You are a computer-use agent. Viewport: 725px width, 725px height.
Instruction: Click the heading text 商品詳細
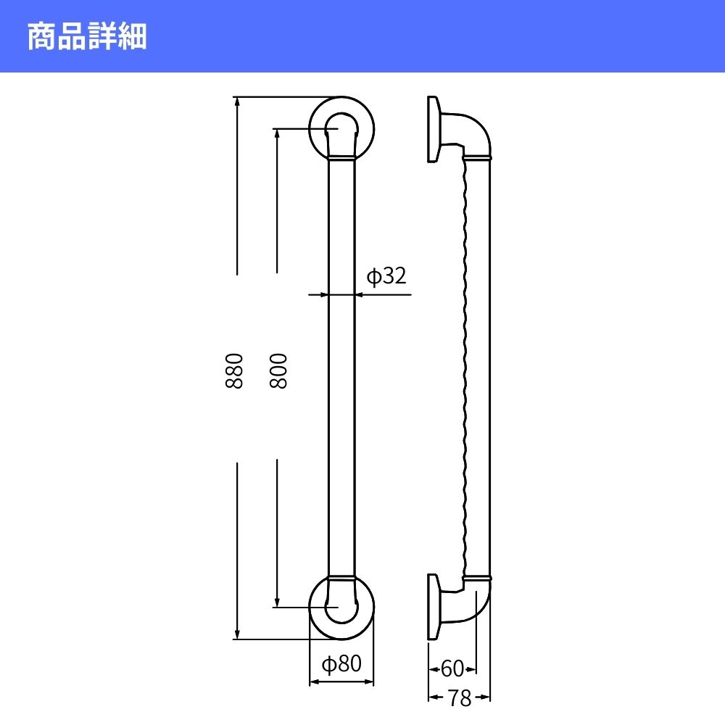tap(87, 36)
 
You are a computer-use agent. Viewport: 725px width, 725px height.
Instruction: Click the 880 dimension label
tap(234, 370)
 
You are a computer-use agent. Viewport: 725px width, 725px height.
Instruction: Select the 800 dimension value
tap(278, 370)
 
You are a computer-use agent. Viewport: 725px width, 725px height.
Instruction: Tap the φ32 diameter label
tap(386, 276)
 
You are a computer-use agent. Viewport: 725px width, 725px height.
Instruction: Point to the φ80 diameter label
tap(341, 664)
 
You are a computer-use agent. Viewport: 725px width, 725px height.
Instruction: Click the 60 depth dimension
tap(452, 668)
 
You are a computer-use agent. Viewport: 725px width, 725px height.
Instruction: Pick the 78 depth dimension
tap(460, 697)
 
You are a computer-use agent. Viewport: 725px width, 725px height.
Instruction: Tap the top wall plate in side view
tap(432, 129)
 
